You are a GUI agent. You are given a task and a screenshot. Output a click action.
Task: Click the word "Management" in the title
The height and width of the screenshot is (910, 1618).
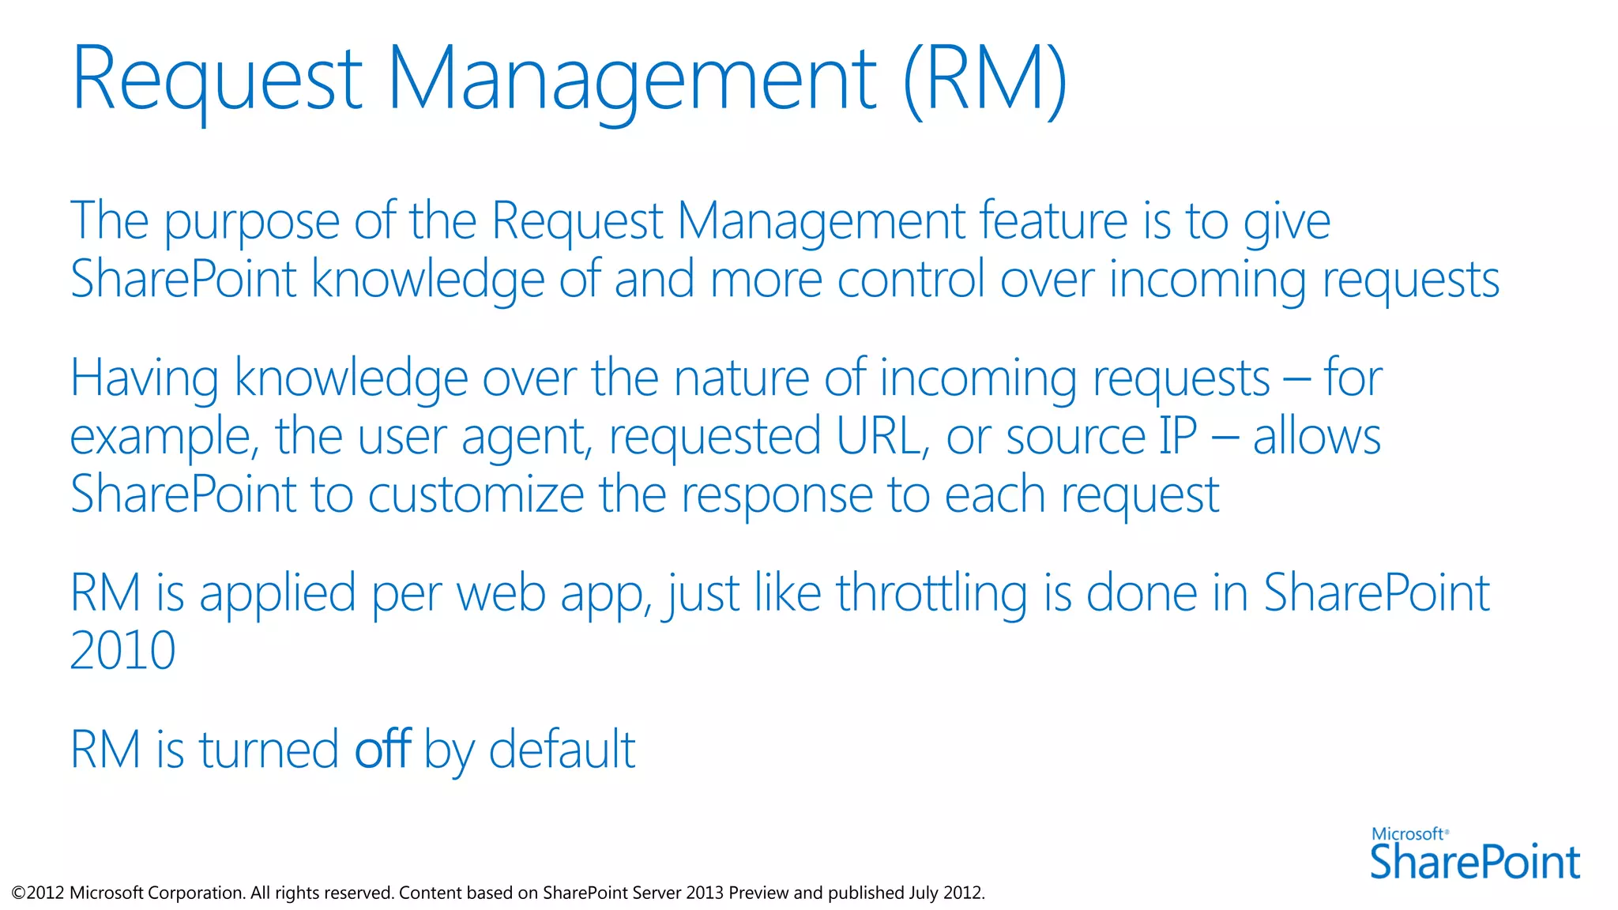[630, 79]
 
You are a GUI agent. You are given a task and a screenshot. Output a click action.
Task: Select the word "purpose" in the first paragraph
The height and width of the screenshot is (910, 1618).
[251, 222]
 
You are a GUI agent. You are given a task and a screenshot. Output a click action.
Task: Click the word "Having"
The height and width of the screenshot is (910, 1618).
[145, 379]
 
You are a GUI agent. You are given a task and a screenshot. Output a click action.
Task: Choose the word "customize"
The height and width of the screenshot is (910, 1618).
[476, 494]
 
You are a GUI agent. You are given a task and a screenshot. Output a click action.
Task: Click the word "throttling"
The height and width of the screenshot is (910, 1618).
[931, 593]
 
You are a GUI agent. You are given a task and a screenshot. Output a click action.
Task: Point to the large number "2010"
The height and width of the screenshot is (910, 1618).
[123, 651]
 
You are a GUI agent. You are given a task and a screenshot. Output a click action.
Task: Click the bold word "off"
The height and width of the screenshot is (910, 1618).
[382, 749]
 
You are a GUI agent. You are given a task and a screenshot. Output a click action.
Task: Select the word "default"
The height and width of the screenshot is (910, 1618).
[562, 749]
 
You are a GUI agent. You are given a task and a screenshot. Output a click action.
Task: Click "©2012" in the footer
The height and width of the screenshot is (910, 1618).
[38, 893]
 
